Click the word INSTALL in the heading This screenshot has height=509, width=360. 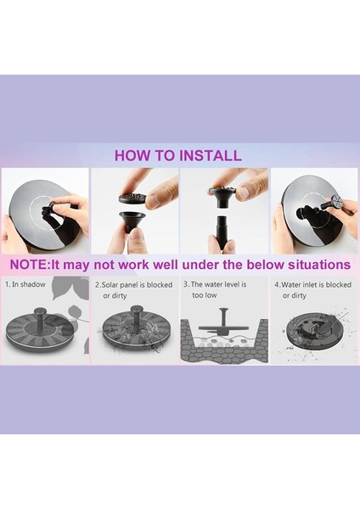(x=211, y=155)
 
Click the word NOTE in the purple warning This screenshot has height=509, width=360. (x=29, y=265)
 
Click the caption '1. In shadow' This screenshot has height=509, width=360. (x=25, y=284)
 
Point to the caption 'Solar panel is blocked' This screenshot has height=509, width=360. (x=138, y=285)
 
